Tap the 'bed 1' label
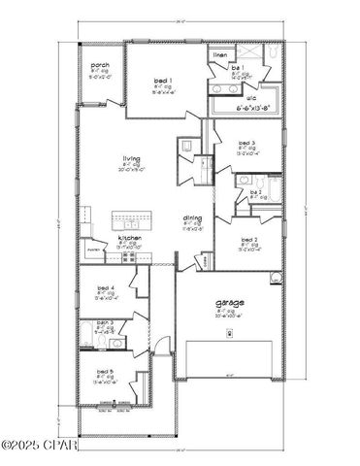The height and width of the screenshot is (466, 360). point(162,81)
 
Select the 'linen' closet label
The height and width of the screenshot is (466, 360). point(220,55)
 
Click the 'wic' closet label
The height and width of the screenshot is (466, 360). point(251,97)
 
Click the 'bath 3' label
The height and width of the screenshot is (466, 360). point(106,322)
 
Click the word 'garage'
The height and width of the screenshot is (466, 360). point(230,303)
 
